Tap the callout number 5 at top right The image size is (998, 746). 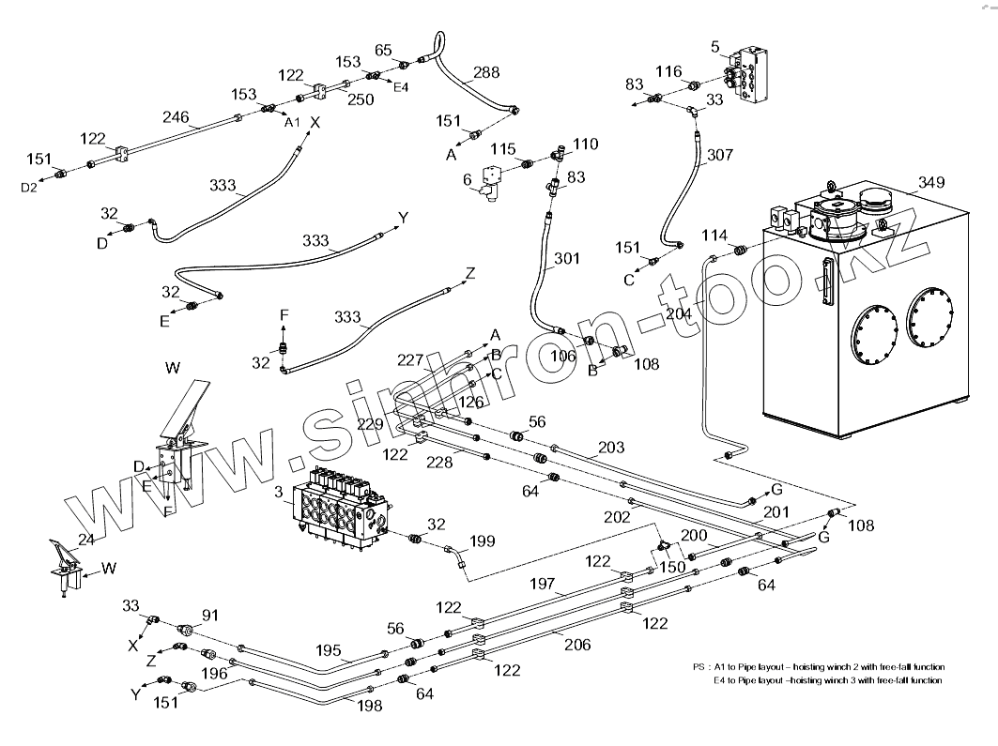(714, 46)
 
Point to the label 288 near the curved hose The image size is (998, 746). (486, 72)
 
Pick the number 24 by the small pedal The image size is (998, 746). (85, 540)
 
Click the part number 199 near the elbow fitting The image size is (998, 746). (482, 540)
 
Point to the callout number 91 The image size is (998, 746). (210, 616)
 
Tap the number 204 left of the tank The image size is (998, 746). (678, 314)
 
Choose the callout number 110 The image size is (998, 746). (585, 145)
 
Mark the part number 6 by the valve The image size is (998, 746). (467, 180)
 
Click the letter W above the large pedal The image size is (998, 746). (173, 368)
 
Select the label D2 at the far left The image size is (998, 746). (29, 188)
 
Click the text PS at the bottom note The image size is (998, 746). (699, 666)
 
